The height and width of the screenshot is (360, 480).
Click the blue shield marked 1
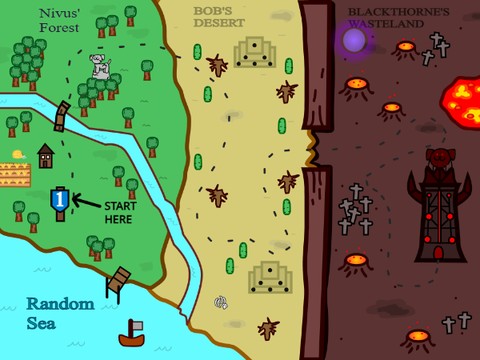60,202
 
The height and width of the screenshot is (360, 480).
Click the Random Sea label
60,312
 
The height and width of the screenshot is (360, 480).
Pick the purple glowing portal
354,40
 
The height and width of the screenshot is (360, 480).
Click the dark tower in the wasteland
437,210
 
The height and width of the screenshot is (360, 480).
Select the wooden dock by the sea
118,283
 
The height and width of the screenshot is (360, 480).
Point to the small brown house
45,156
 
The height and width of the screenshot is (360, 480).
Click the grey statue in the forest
99,66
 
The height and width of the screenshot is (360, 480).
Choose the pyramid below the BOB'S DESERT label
254,52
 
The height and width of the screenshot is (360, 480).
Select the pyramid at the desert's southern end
268,278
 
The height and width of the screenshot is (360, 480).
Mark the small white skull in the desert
220,301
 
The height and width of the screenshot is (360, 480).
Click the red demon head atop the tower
437,157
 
